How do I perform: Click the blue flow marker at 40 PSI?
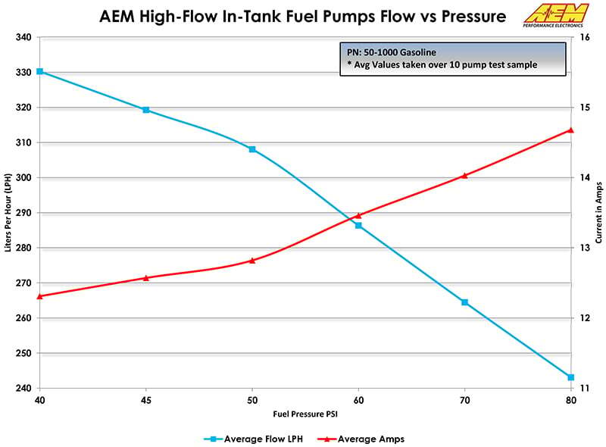[40, 71]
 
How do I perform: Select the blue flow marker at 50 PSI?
[252, 149]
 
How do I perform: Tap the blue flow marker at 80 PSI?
[571, 377]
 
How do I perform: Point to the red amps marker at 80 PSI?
[571, 130]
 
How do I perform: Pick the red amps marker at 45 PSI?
[146, 277]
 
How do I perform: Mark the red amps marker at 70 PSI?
[465, 175]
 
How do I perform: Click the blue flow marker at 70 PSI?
[465, 302]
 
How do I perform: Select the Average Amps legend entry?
[364, 439]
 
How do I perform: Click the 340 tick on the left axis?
[23, 37]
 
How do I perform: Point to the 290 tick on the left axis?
[23, 213]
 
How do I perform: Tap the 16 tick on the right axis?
[586, 37]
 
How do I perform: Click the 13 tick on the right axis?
[586, 248]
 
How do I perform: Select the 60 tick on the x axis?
[359, 399]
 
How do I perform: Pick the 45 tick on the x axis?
[146, 399]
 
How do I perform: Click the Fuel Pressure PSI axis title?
[305, 415]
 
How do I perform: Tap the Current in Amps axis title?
[598, 212]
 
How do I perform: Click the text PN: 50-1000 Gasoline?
[387, 52]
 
